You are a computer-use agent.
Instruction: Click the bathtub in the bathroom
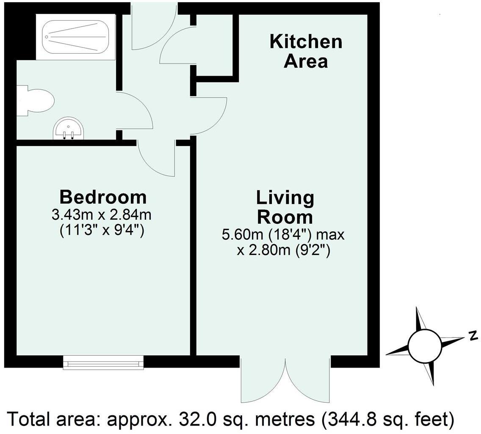[75, 37]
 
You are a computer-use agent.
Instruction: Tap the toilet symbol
[35, 101]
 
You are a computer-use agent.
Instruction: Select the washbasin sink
[68, 128]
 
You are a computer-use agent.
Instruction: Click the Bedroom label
[103, 197]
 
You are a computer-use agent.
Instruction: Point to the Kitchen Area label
[306, 51]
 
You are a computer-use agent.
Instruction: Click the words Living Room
[285, 208]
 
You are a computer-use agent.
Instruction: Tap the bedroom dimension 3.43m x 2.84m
[102, 215]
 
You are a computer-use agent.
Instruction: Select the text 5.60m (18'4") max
[283, 235]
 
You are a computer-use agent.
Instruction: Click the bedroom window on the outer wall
[103, 363]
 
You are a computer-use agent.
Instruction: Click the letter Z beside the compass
[474, 335]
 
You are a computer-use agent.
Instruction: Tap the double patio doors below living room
[286, 380]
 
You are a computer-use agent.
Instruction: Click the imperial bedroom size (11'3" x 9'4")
[102, 230]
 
